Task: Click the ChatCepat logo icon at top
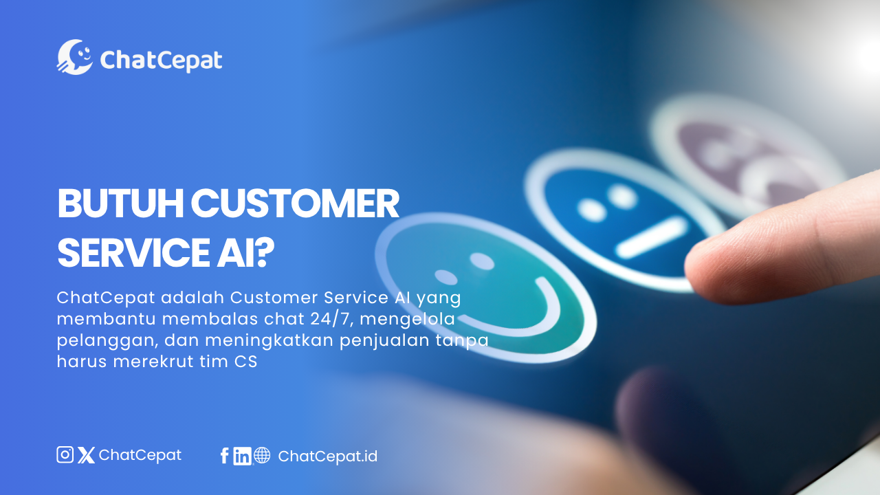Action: pos(74,57)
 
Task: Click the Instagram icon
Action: pos(65,454)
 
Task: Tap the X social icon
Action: pos(86,455)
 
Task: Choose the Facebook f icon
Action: pos(224,456)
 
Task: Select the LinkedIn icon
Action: pos(242,456)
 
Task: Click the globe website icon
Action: pos(262,455)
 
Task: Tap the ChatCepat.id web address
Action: pos(327,456)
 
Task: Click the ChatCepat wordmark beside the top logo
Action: pos(161,60)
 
